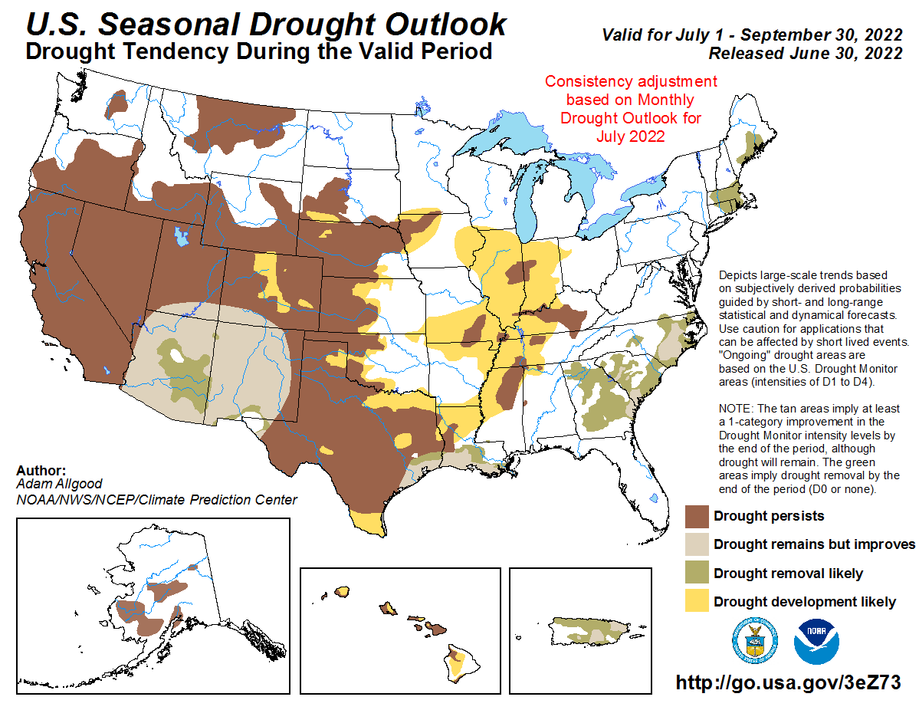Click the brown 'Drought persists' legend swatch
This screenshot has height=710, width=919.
(x=696, y=516)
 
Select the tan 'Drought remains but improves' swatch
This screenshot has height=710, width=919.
(x=696, y=544)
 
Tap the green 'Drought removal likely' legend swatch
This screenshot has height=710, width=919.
(x=696, y=574)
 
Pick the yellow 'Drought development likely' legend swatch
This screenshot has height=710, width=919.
(x=696, y=602)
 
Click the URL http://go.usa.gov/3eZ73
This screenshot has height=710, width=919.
(x=787, y=682)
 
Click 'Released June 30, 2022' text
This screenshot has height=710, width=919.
(x=805, y=54)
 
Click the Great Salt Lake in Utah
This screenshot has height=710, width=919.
(x=181, y=235)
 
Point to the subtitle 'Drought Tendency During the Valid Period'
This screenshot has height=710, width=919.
(x=258, y=52)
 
